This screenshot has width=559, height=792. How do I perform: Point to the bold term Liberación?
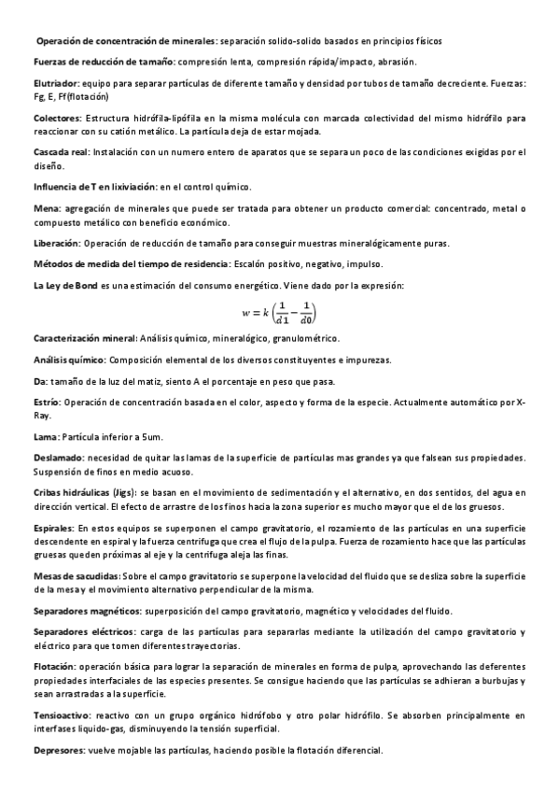click(55, 243)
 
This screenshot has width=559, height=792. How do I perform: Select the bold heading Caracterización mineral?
click(84, 337)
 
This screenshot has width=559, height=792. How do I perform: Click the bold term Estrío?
click(47, 402)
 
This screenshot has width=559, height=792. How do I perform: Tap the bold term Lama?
click(45, 436)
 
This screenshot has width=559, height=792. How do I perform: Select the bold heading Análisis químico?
click(69, 360)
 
